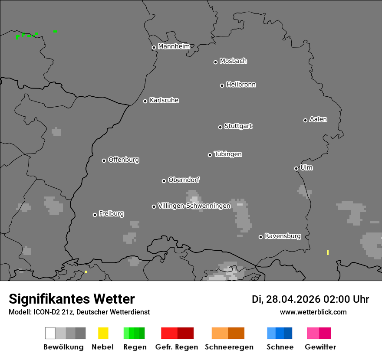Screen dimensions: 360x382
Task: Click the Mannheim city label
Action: pyautogui.click(x=174, y=46)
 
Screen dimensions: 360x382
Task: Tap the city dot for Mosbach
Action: pyautogui.click(x=215, y=62)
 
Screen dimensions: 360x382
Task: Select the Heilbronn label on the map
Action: pyautogui.click(x=241, y=85)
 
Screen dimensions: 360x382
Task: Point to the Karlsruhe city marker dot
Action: pyautogui.click(x=145, y=101)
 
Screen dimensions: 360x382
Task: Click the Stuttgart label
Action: pyautogui.click(x=238, y=126)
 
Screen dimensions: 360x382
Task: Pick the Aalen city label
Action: pyautogui.click(x=318, y=119)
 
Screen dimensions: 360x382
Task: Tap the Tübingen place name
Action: pyautogui.click(x=228, y=154)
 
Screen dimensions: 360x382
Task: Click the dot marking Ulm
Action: pyautogui.click(x=296, y=168)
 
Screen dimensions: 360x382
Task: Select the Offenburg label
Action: pyautogui.click(x=124, y=160)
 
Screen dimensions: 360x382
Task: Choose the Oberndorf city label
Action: pyautogui.click(x=184, y=180)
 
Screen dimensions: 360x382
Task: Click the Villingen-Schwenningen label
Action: pyautogui.click(x=194, y=206)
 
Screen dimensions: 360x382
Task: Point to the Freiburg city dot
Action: pyautogui.click(x=95, y=215)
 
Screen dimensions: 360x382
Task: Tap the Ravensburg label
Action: pyautogui.click(x=283, y=236)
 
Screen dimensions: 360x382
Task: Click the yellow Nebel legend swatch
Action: pyautogui.click(x=103, y=333)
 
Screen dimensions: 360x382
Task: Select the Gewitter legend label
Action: pyautogui.click(x=320, y=347)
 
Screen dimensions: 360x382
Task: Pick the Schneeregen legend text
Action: pyautogui.click(x=229, y=347)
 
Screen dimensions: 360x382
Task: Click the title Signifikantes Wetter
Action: pyautogui.click(x=72, y=299)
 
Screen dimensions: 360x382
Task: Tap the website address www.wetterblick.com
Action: pyautogui.click(x=313, y=312)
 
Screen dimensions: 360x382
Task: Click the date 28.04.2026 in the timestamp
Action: pyautogui.click(x=293, y=299)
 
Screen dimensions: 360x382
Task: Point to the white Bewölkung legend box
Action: pyautogui.click(x=50, y=333)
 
